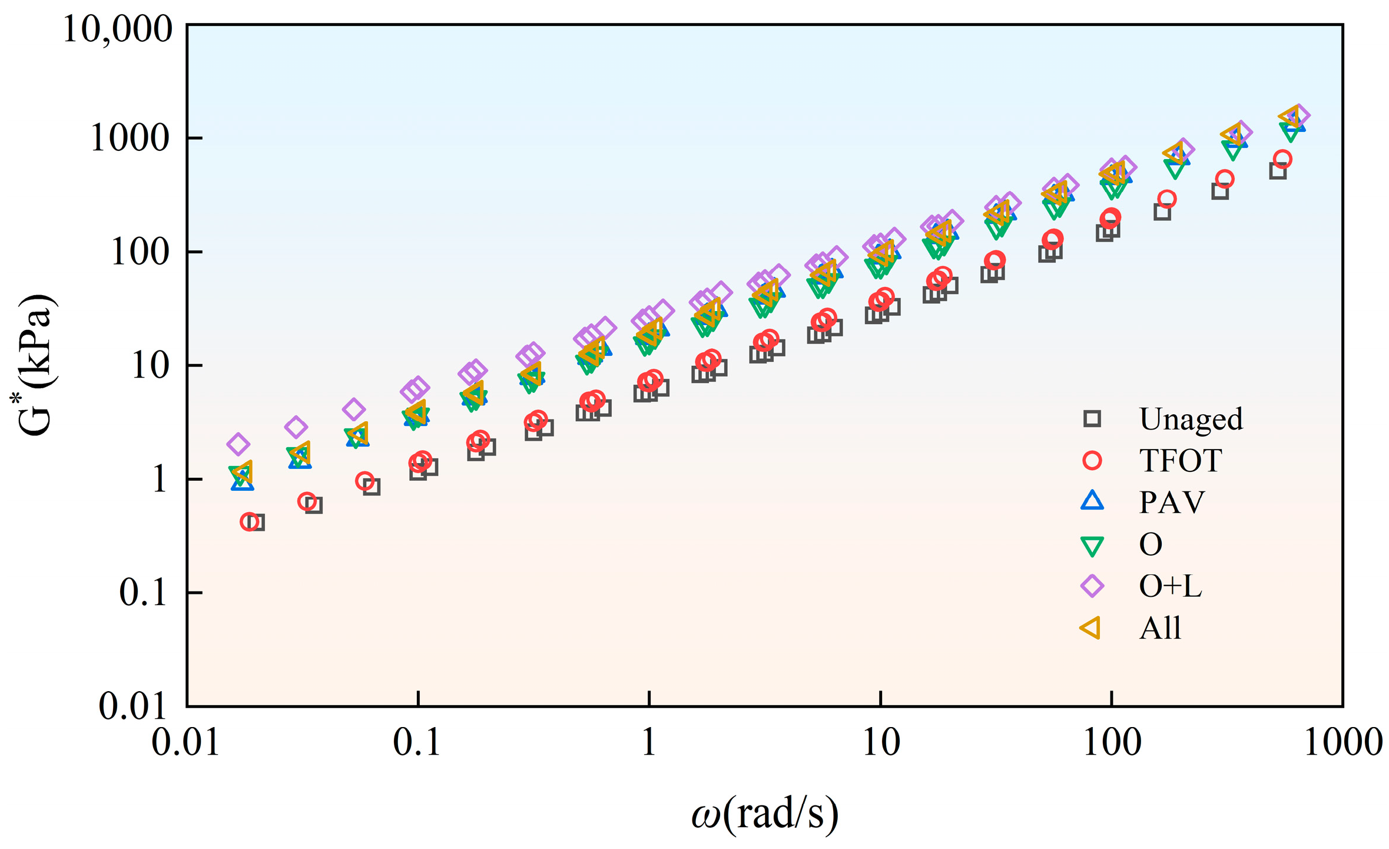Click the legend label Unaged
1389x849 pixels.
(x=1191, y=419)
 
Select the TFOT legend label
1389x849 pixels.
(x=1181, y=460)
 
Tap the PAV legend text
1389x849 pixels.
(x=1172, y=502)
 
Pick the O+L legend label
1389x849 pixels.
(x=1170, y=586)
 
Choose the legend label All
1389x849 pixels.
(x=1160, y=627)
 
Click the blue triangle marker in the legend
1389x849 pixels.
(x=1092, y=501)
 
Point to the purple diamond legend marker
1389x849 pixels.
(x=1092, y=586)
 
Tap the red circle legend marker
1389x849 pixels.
(x=1092, y=460)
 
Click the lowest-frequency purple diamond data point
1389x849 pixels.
(x=238, y=444)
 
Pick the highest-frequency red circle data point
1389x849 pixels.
(x=1282, y=159)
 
